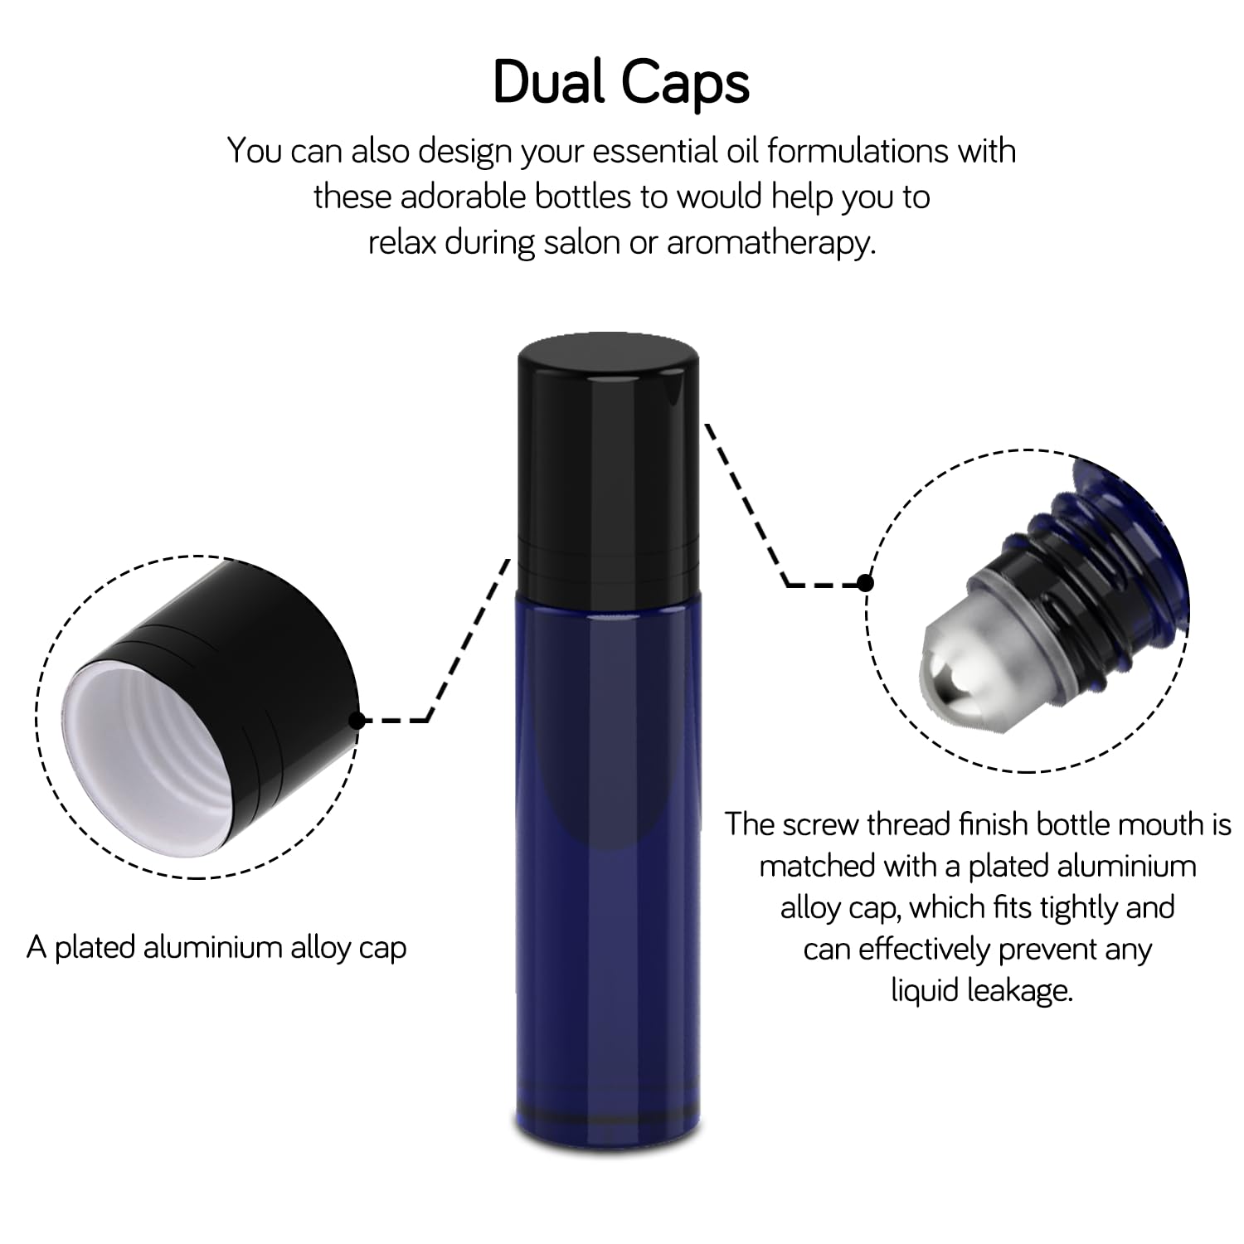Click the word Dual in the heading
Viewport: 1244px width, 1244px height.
[549, 83]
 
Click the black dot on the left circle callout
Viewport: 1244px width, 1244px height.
[357, 720]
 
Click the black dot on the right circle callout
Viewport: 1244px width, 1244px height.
[865, 583]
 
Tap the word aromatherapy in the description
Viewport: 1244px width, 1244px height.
[770, 243]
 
